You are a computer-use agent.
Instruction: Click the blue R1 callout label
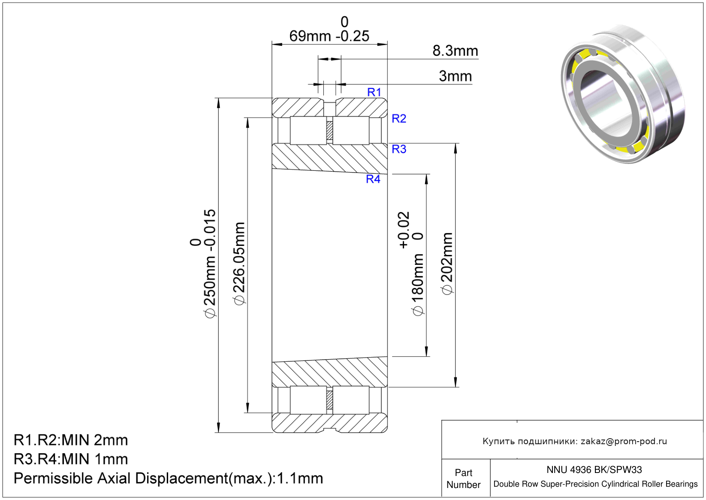(374, 92)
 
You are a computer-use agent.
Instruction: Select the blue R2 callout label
(399, 118)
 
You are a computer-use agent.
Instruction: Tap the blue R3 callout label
(399, 149)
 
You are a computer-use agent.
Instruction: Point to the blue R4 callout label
(373, 179)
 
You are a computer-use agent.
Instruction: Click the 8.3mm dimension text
(455, 51)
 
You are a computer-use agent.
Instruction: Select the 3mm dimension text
(456, 76)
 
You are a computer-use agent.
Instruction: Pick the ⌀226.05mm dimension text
(239, 264)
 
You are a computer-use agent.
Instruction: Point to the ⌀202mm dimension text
(447, 264)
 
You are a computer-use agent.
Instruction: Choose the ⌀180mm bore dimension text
(418, 285)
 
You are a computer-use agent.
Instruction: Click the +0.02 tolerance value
(404, 230)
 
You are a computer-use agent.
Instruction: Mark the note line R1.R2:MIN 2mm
(71, 440)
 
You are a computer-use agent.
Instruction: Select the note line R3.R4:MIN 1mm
(71, 459)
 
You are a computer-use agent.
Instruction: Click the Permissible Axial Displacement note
(168, 478)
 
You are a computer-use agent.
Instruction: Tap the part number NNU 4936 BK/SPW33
(594, 470)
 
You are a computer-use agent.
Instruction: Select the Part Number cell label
(463, 479)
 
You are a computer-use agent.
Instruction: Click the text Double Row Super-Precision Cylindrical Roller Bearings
(595, 484)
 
